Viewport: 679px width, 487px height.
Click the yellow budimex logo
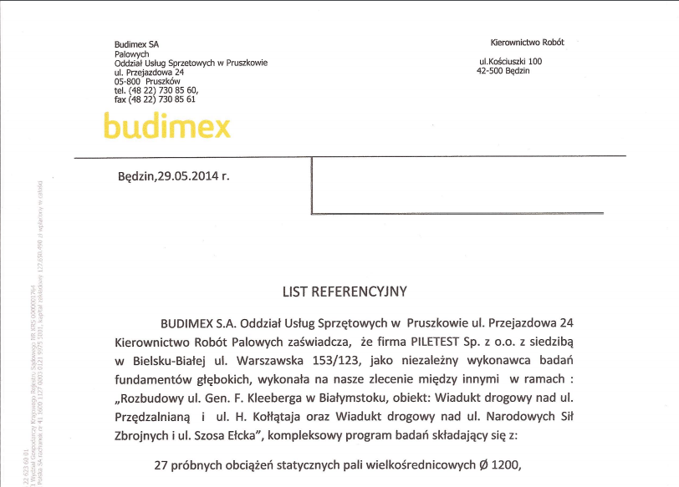pyautogui.click(x=166, y=125)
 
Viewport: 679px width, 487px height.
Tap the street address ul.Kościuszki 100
pyautogui.click(x=509, y=61)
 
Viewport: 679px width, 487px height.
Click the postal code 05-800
pyautogui.click(x=128, y=82)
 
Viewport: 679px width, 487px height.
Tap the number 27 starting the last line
pyautogui.click(x=165, y=465)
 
